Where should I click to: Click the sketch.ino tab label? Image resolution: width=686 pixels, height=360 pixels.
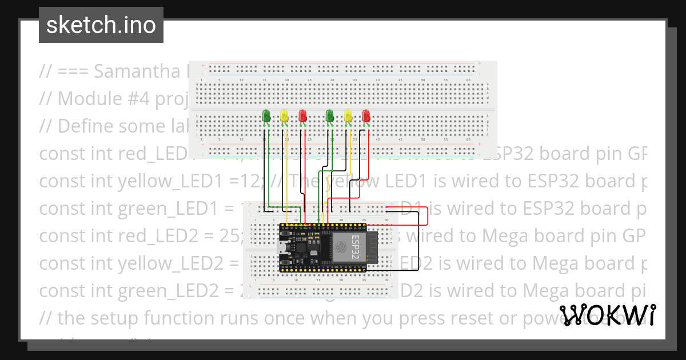point(101,25)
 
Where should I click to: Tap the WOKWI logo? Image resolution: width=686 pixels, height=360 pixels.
point(608,315)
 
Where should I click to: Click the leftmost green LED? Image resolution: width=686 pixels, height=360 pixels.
point(266,115)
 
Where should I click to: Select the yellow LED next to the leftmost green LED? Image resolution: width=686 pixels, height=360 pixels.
point(284,116)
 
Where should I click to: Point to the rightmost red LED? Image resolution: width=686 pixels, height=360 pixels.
point(366,116)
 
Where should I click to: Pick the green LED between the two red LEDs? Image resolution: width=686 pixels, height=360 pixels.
point(329,115)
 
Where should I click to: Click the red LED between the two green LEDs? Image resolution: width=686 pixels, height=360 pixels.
point(302,116)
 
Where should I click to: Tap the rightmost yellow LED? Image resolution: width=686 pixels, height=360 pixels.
point(348,116)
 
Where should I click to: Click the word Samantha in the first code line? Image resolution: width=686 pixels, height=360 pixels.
point(132,71)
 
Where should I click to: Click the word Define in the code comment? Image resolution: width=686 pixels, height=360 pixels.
point(86,126)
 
